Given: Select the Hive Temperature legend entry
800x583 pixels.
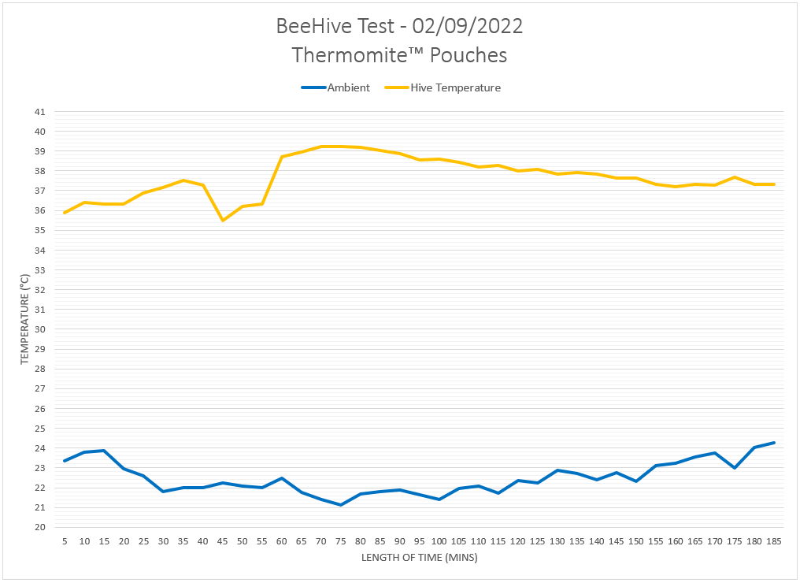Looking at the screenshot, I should click(x=455, y=88).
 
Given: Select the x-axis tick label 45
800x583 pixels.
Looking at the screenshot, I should click(x=223, y=542).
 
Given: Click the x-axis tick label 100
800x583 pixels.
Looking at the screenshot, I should click(x=439, y=542).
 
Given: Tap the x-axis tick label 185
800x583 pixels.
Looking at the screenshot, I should click(x=774, y=542).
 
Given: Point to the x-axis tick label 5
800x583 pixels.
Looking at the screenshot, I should click(x=65, y=542).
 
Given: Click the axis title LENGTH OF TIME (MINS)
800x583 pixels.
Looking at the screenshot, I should click(x=419, y=558).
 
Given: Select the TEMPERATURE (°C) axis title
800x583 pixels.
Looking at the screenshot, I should click(x=24, y=319).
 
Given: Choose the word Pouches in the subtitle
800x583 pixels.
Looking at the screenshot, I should click(x=469, y=55).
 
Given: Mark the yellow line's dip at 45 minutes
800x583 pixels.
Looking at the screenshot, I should click(x=223, y=221).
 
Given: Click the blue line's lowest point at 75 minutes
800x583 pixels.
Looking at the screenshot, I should click(x=341, y=505).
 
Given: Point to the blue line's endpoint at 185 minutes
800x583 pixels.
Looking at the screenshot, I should click(x=774, y=443).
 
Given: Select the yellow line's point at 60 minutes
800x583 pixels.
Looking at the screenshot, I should click(x=282, y=157).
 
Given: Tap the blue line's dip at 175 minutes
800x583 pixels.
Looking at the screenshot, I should click(x=735, y=468).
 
